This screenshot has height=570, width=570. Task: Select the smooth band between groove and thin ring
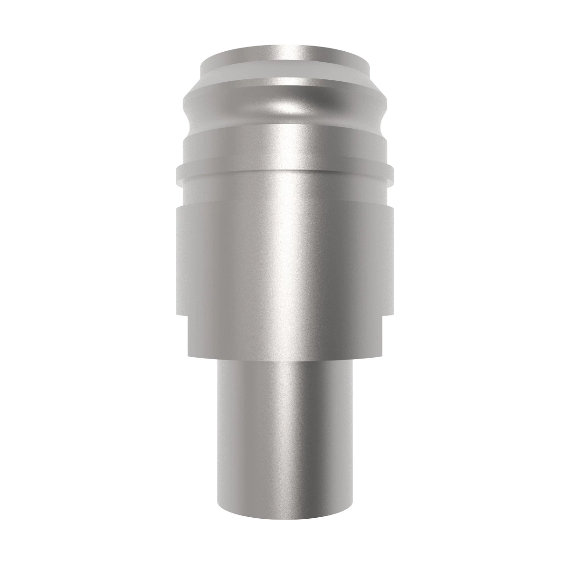tap(285, 145)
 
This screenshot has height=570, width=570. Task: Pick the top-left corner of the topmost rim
tap(201, 61)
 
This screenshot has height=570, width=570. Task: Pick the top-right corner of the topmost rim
tap(369, 61)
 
